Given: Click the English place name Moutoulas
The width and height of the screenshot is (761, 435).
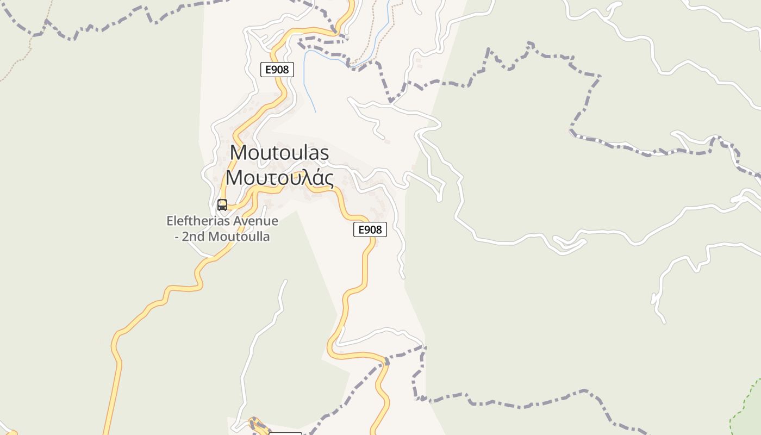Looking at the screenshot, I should point(279,152).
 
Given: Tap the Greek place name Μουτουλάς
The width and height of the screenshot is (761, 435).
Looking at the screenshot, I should point(279,178).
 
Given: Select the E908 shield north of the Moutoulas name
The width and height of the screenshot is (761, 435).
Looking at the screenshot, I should point(277,70).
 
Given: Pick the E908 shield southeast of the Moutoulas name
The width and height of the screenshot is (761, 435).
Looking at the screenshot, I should point(370,229).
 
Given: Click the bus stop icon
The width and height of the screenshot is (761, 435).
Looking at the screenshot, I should point(222,204).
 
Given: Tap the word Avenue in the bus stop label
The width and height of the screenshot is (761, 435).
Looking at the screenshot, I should point(255,221).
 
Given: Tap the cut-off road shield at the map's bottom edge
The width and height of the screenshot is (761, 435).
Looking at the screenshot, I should point(285,433).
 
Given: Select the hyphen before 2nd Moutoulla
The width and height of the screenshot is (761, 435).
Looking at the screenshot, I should point(177,237).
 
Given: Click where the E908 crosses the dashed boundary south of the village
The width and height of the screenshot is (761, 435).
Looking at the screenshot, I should point(386,361).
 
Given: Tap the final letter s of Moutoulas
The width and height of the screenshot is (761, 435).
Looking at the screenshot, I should point(324,153).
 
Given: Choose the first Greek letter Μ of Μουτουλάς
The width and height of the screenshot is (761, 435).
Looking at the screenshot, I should point(235,178).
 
